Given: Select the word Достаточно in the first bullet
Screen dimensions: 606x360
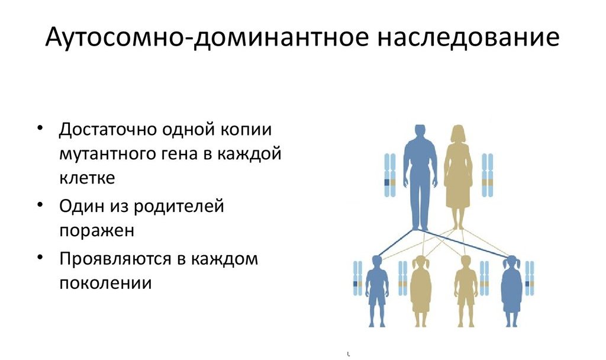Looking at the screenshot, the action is tap(108, 130).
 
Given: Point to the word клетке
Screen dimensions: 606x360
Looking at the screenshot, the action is tap(87, 178).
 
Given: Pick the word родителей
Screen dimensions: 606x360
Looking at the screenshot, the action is tap(179, 206).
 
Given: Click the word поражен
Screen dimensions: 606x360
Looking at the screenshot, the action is tap(96, 231).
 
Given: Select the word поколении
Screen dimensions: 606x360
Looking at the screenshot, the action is tap(105, 282).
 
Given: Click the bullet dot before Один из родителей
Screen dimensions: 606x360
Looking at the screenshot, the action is tap(40, 204).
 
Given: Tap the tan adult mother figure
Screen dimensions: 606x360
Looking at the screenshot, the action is tap(459, 177).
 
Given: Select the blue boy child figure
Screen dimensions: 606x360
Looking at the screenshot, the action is tap(377, 291).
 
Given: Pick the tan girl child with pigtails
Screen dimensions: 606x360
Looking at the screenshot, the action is tap(421, 291).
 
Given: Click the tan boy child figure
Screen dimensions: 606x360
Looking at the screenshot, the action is tap(466, 291).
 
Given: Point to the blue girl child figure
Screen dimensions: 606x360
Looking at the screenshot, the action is tap(511, 291).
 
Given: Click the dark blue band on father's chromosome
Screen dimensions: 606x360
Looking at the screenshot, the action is tap(387, 182).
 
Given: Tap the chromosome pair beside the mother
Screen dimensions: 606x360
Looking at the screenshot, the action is tap(488, 175).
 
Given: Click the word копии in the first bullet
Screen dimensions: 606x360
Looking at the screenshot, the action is tap(246, 130).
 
